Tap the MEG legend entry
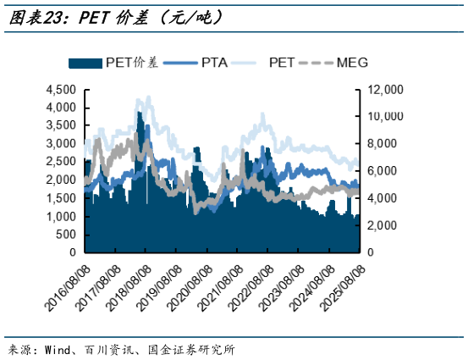point(351,62)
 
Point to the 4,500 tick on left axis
point(60,89)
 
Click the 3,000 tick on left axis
point(60,143)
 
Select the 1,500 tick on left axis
point(60,198)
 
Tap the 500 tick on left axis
point(67,235)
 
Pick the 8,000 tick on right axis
point(384,143)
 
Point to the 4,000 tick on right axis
point(384,198)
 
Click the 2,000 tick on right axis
point(384,225)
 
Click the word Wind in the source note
point(58,349)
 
